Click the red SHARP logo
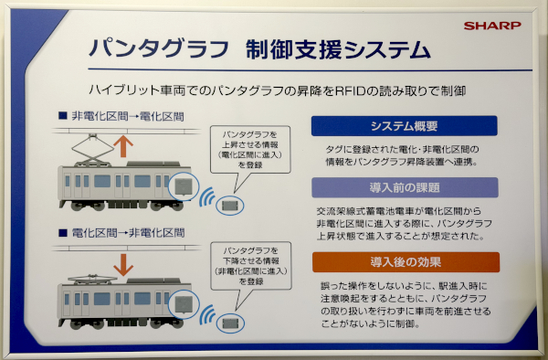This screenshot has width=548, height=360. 492,26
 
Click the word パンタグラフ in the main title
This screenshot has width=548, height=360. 159,48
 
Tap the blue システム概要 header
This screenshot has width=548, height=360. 404,126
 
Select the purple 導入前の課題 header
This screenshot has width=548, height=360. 405,187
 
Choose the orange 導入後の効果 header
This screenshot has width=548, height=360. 406,262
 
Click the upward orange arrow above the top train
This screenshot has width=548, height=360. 123,146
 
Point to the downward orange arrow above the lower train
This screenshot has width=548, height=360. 123,265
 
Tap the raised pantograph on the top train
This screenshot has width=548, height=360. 92,150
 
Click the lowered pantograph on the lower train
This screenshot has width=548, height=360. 92,279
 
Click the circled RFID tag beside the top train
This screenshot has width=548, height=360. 229,206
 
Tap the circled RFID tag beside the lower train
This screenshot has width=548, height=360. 230,323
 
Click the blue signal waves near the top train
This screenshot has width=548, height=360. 207,196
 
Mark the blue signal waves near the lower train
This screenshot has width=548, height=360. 207,314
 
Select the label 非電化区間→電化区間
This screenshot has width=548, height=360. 128,116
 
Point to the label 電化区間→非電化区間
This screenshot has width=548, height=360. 128,233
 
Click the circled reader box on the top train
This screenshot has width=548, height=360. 184,186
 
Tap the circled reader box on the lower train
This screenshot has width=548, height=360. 184,304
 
